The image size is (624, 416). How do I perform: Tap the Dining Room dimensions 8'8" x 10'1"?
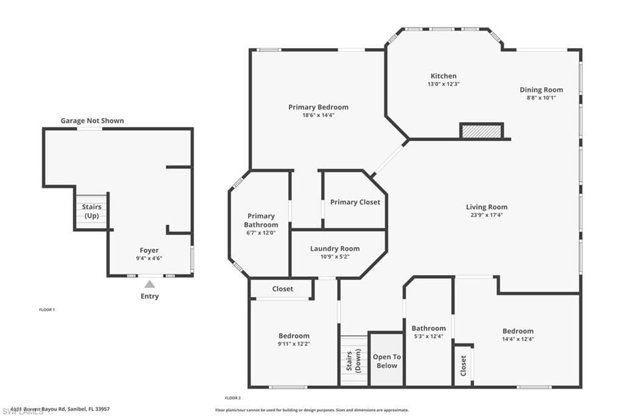coord(541,98)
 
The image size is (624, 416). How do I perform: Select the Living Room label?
coord(486,207)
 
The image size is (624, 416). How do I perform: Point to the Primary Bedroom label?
coord(318,107)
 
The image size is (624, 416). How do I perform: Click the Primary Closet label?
coord(355,202)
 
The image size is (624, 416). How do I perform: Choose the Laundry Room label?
coord(335,248)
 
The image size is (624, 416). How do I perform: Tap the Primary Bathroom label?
coord(261,220)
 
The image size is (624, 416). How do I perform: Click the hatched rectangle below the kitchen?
coord(481,131)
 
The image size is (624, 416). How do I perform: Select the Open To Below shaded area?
coord(386,361)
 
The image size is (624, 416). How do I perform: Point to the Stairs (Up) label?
coord(91,211)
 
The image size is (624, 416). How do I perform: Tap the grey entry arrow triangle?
coord(149,284)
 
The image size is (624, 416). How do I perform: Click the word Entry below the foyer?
coord(149,296)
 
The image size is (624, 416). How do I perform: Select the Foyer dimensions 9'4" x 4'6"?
coord(149,258)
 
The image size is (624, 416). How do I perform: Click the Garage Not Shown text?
coord(92,121)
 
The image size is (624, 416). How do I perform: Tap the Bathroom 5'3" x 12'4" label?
coord(428,332)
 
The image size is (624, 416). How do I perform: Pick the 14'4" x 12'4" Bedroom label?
coord(517,335)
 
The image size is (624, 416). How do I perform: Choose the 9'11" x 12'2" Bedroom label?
coord(294,340)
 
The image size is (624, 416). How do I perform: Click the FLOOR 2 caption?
coord(233,398)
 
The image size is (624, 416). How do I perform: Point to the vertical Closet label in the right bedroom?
coord(463,365)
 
